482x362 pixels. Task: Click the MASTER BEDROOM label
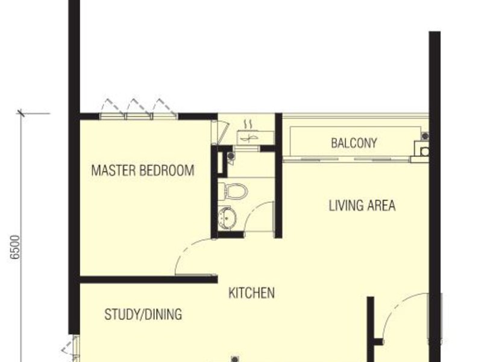point(143,170)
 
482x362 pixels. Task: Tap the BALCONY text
point(354,144)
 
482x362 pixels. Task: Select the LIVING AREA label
point(361,205)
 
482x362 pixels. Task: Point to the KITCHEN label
point(251,294)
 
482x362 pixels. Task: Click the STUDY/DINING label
point(143,315)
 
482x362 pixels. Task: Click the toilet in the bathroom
point(233,191)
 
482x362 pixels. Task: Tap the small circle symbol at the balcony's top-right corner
point(425,136)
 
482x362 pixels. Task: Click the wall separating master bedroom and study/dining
point(148,279)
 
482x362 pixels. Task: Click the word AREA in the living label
point(381,205)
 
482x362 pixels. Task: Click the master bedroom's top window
point(139,113)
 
